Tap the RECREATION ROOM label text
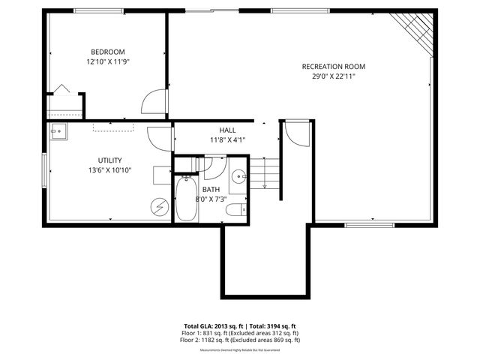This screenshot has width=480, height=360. pos(334,66)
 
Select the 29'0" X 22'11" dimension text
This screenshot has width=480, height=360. pos(334,76)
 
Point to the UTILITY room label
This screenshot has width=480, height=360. pos(109,160)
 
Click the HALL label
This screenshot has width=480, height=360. pos(228,130)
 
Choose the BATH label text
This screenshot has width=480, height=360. pos(211,190)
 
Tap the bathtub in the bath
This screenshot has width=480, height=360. pos(186,199)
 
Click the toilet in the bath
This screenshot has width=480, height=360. pos(236,209)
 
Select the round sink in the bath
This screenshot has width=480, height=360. pos(238,177)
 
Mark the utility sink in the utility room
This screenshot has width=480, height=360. pos(58,133)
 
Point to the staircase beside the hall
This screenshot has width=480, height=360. pos(264,174)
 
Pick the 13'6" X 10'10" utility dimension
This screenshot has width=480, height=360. pos(109,170)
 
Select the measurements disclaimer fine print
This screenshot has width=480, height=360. pos(239,349)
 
